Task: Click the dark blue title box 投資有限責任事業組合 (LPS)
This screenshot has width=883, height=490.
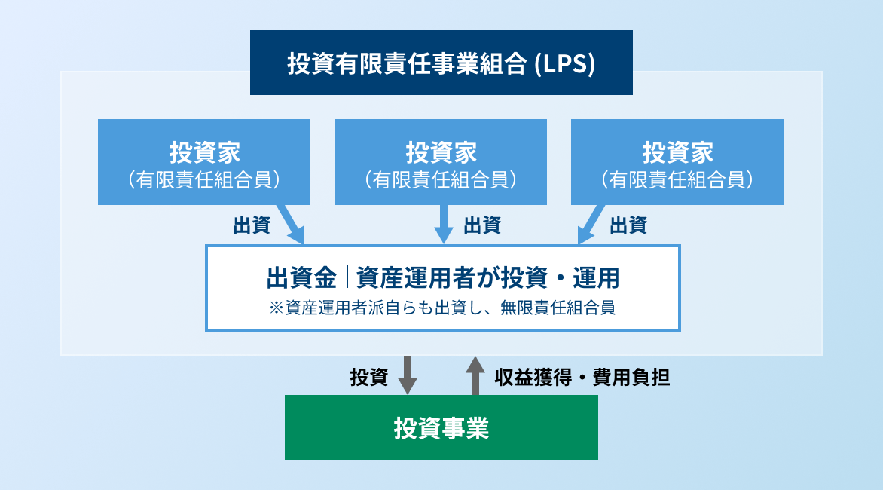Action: tap(441, 63)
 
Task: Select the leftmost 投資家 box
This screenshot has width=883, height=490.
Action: tap(203, 162)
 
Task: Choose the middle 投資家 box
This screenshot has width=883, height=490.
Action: tap(441, 162)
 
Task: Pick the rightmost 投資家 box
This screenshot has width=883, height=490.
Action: tap(677, 162)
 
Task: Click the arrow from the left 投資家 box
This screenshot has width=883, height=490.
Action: tap(291, 225)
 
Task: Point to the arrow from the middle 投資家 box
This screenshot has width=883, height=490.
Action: tap(444, 224)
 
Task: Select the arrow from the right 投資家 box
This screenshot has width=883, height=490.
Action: tap(591, 225)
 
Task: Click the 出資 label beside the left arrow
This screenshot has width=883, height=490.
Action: tap(252, 225)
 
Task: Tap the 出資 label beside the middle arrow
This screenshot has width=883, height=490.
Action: tap(482, 225)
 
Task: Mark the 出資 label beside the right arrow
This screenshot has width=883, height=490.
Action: tap(628, 225)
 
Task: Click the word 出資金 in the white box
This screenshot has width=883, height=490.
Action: tap(301, 277)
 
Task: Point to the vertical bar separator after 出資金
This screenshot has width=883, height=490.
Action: tap(347, 277)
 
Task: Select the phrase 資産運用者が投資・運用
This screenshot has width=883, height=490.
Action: tap(487, 277)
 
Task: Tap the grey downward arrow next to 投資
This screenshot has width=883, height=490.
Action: tap(407, 375)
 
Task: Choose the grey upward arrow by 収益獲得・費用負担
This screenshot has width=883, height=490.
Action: tap(475, 375)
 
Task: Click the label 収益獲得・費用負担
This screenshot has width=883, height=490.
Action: tap(582, 377)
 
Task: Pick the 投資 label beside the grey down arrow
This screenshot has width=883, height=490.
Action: tap(368, 377)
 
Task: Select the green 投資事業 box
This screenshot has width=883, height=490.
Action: tap(441, 427)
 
